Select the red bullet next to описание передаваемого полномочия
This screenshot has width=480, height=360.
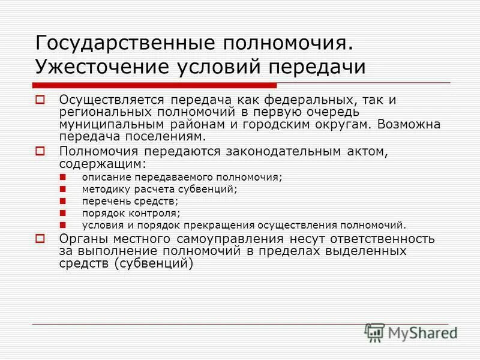tap(64, 177)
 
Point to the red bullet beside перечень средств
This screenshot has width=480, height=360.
tap(64, 201)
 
